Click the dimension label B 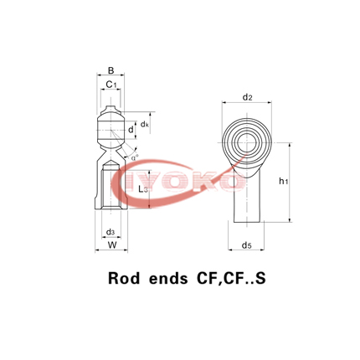pos(111,70)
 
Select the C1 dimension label pos(111,85)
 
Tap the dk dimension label pos(145,124)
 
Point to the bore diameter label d pos(131,130)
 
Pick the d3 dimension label pos(111,231)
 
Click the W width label pos(111,245)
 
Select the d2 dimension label pos(248,97)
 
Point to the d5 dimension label pos(247,245)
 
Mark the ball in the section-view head pos(111,131)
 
